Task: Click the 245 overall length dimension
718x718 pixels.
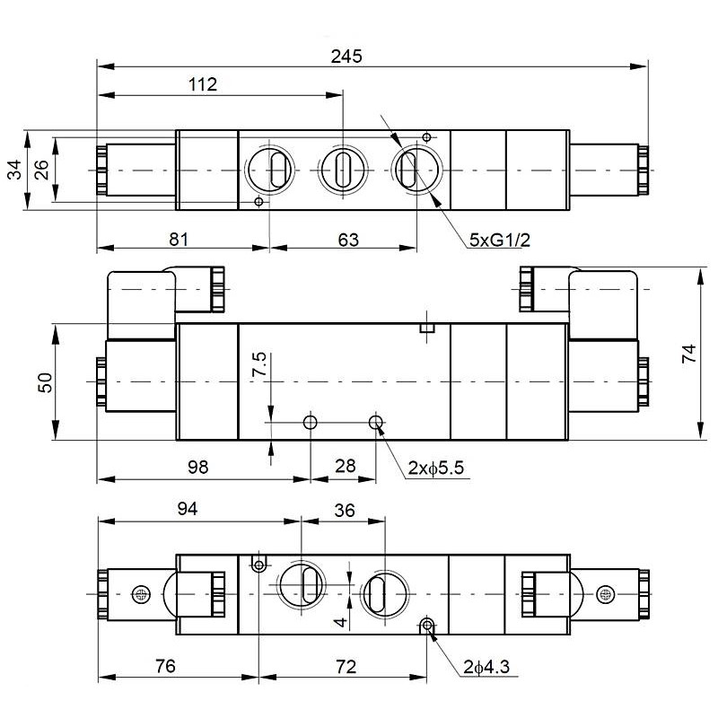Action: (346, 56)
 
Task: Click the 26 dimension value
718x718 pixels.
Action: (41, 170)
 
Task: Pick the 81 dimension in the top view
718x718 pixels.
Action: (179, 240)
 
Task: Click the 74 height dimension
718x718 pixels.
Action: (688, 354)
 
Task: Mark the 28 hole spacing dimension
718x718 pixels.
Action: (344, 467)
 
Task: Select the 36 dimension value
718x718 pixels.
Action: (343, 509)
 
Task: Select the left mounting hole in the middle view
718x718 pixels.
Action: (311, 422)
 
